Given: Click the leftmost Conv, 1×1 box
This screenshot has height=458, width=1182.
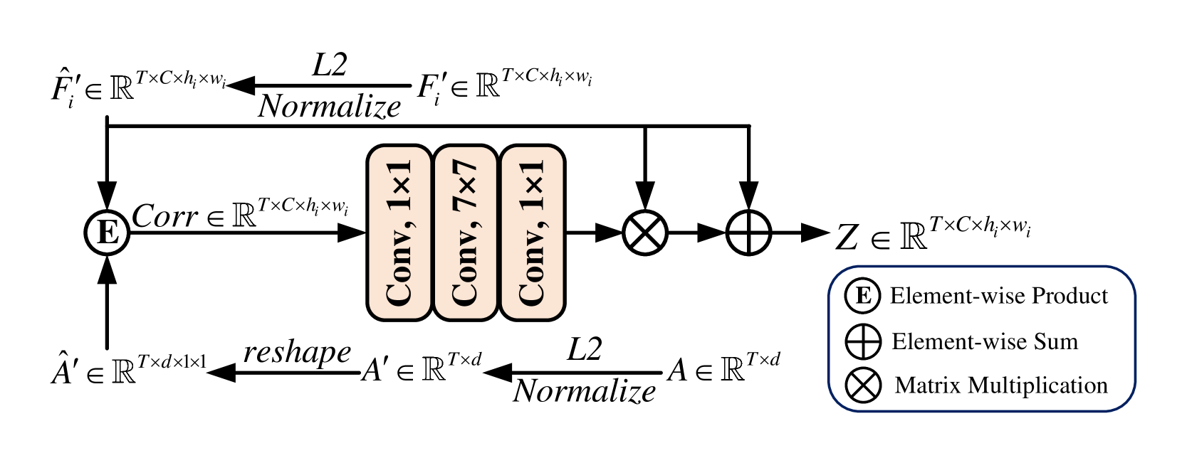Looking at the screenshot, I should [399, 233].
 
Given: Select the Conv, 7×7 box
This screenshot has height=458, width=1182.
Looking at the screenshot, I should [466, 233].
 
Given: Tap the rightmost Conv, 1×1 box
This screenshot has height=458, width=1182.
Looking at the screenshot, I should [533, 233].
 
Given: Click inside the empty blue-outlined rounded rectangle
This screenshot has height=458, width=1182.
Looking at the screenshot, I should [982, 339].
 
